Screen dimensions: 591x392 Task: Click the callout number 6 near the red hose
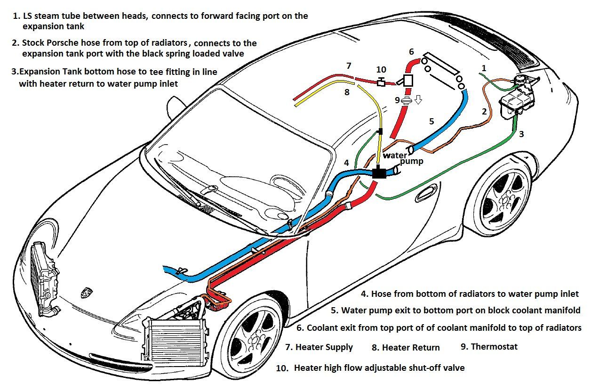(411, 51)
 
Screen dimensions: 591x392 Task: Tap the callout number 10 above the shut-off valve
(381, 69)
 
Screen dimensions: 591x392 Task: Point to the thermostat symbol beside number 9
(407, 101)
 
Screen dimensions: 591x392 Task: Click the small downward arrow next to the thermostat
(418, 100)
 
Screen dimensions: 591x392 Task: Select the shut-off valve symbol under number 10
(381, 82)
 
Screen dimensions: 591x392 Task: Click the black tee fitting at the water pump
(379, 172)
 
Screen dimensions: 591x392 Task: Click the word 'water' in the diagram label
(395, 155)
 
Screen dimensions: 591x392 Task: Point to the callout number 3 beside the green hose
(521, 134)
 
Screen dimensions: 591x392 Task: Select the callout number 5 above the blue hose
(431, 121)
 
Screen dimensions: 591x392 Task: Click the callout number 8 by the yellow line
(347, 92)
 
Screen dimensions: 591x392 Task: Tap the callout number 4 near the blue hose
(346, 163)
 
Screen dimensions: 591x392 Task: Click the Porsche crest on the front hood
(87, 293)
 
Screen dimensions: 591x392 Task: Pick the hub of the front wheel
(256, 341)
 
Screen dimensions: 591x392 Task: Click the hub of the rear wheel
(504, 201)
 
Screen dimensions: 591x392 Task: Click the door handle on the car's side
(426, 194)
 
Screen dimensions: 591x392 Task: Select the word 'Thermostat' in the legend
(494, 347)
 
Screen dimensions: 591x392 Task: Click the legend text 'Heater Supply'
(324, 347)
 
